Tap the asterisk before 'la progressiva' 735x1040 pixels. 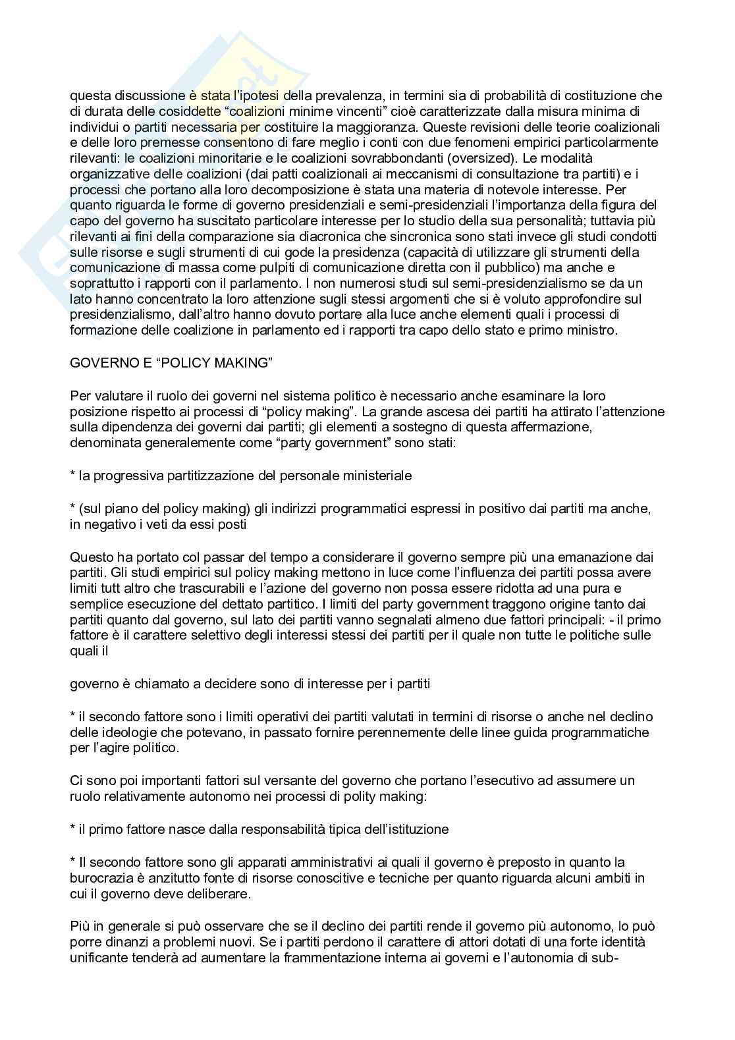point(72,475)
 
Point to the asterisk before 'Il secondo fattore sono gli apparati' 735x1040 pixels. point(72,862)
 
